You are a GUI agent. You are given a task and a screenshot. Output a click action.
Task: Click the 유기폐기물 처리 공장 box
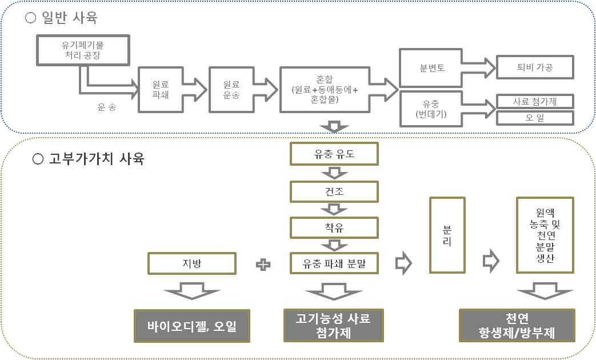83,50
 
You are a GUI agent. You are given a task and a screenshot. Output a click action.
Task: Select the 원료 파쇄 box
160,90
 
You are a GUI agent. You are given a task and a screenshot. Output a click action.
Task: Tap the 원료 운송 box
231,90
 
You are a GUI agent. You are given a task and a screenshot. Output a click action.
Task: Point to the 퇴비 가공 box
534,67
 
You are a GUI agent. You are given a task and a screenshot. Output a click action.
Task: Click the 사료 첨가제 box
534,102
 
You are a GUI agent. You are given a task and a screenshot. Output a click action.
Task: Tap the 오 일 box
534,118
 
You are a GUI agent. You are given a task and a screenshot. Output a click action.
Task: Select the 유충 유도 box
334,153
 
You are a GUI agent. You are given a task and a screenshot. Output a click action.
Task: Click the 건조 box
334,191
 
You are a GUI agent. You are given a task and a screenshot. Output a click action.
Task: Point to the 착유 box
334,228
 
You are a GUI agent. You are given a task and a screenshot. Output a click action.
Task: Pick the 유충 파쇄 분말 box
334,263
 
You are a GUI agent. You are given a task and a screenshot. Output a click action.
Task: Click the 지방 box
191,263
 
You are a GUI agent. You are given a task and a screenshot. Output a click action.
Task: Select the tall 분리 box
447,235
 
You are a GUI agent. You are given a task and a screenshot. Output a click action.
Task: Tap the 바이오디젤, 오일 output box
191,326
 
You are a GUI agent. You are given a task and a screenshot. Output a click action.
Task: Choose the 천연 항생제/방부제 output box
517,326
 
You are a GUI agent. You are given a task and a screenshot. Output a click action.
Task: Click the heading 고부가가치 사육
89,159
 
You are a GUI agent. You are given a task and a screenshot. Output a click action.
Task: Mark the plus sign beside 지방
263,265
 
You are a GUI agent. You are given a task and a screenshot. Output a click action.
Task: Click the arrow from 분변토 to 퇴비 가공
478,68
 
